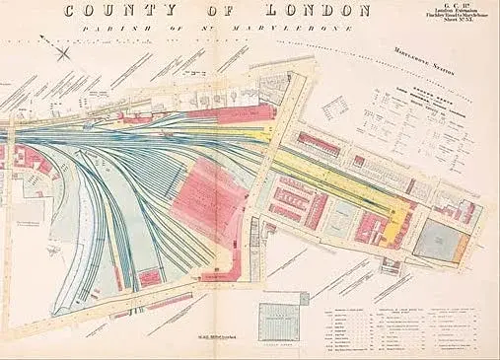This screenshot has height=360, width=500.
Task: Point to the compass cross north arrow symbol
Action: coord(66,52)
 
